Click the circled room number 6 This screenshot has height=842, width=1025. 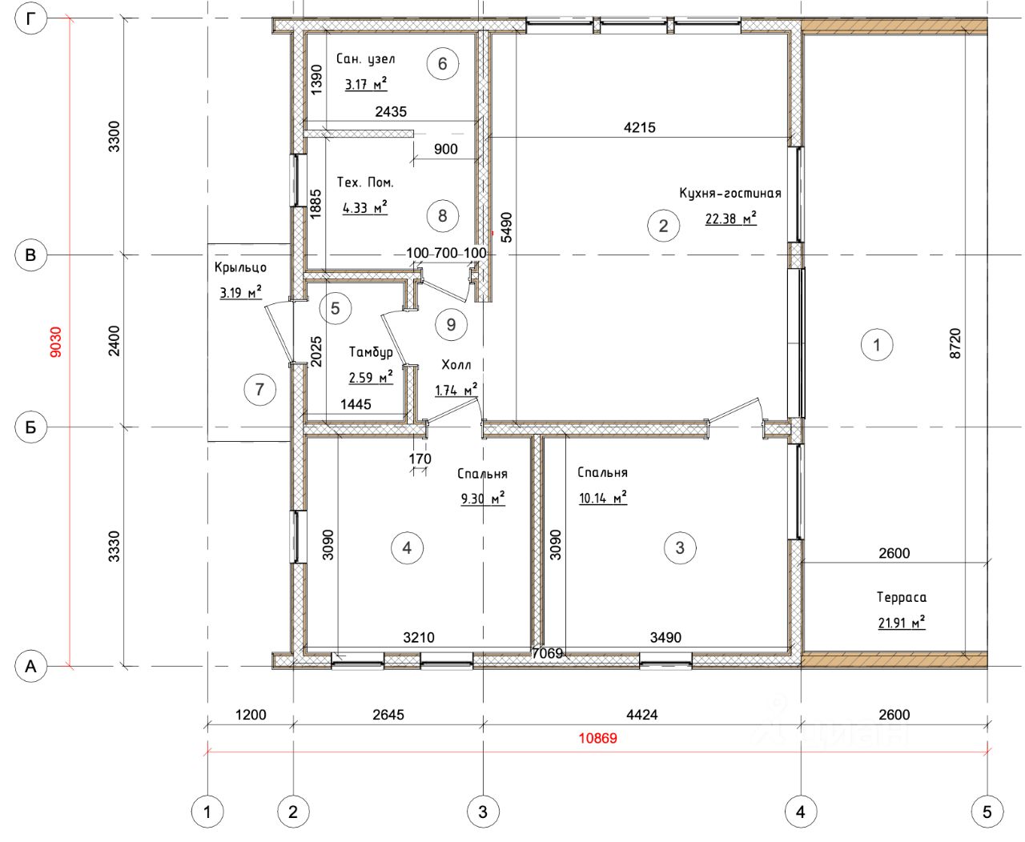click(442, 64)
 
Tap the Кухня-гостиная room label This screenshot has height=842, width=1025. click(730, 194)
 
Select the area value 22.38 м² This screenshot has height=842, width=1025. click(731, 219)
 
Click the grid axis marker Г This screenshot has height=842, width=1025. click(30, 19)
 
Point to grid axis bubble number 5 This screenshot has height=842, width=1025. click(987, 812)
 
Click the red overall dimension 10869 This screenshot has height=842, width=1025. click(597, 738)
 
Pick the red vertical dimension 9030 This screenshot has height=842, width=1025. click(56, 343)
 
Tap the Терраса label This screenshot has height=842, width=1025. click(902, 597)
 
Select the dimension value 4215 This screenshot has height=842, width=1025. click(639, 127)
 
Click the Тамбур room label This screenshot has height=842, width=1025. click(371, 351)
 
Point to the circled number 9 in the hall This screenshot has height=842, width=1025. click(451, 325)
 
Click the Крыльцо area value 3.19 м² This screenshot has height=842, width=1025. click(240, 292)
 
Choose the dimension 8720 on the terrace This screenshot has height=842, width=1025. click(955, 343)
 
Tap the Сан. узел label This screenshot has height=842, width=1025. click(365, 59)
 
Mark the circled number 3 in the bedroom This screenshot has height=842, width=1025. click(680, 547)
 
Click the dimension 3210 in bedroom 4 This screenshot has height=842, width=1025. click(419, 637)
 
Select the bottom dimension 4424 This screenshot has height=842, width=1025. click(641, 714)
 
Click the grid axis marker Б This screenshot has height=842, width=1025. click(30, 427)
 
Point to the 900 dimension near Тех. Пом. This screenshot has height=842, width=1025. click(445, 149)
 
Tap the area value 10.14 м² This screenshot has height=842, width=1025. click(603, 498)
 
